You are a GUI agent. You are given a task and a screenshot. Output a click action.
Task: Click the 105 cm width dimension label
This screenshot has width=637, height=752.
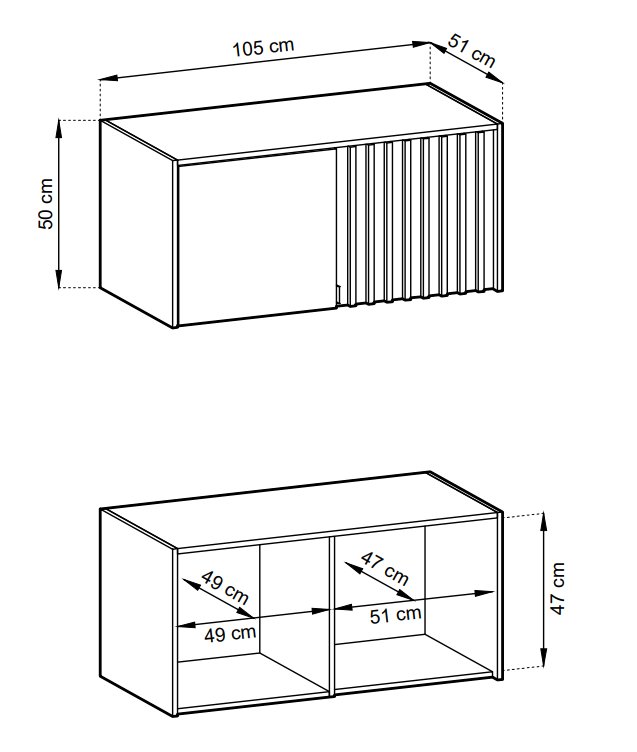263,47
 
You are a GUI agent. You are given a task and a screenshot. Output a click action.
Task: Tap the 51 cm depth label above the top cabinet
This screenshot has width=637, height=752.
472,50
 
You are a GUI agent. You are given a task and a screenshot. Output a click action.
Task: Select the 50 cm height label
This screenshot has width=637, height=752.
46,203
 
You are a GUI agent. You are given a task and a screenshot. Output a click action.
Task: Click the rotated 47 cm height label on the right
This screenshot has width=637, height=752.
558,588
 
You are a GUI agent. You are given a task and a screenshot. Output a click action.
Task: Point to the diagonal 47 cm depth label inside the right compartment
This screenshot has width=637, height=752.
384,568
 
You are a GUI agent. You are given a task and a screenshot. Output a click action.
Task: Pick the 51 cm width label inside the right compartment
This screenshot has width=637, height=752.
396,615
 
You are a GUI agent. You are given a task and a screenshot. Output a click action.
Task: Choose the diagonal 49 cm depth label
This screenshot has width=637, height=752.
225,587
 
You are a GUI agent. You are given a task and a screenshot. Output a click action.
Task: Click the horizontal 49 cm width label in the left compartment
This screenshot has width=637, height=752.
230,634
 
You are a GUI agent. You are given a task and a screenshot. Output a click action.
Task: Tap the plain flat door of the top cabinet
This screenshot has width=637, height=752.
256,236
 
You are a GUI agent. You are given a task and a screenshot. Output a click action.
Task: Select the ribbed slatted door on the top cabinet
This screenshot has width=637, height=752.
416,217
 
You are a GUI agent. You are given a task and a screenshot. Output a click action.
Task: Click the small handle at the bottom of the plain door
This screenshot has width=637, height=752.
338,294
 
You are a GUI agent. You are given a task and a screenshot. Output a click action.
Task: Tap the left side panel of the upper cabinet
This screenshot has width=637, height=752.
138,223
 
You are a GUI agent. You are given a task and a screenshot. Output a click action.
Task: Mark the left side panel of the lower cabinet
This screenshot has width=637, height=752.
138,611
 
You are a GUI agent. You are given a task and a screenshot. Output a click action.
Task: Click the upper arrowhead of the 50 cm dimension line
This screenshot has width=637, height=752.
59,128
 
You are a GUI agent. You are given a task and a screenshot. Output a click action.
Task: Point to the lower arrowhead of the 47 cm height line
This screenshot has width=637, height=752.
543,658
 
